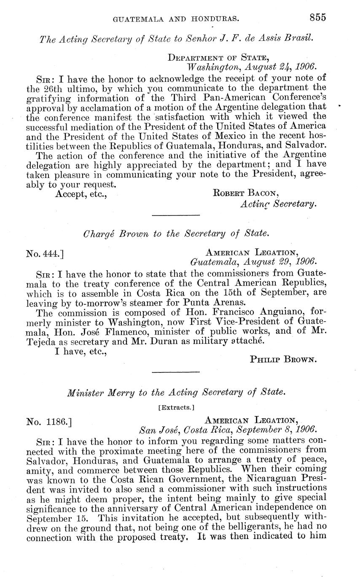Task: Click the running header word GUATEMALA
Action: point(135,18)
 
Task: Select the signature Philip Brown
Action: point(283,359)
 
